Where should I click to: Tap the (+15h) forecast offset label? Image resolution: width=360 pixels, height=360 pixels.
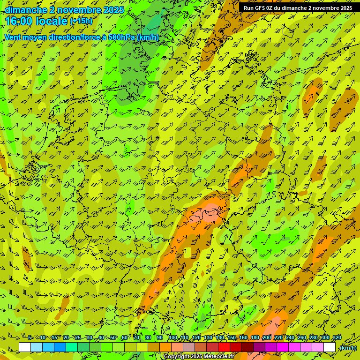(81, 21)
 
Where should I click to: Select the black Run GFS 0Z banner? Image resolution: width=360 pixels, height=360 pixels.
(298, 7)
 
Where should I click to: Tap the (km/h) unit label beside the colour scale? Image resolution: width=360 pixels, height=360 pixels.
(348, 347)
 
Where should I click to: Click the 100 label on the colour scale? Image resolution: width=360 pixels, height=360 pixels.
(172, 337)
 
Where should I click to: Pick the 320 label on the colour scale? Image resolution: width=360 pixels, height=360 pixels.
(337, 337)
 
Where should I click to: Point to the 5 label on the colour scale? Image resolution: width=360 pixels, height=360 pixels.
(30, 337)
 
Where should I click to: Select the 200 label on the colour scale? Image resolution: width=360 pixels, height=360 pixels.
(266, 337)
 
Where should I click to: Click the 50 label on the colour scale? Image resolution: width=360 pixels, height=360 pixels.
(113, 337)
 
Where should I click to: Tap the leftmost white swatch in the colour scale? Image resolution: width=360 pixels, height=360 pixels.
(25, 347)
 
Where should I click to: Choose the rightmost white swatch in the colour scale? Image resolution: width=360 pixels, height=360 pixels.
(330, 347)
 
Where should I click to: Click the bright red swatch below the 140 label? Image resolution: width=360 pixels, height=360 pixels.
(224, 347)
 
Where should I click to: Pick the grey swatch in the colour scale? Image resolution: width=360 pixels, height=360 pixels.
(189, 347)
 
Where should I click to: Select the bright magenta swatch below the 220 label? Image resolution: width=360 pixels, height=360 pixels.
(283, 347)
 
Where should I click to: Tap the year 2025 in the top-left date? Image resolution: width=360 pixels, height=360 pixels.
(113, 10)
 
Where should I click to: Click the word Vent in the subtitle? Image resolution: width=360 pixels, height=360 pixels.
(14, 37)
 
